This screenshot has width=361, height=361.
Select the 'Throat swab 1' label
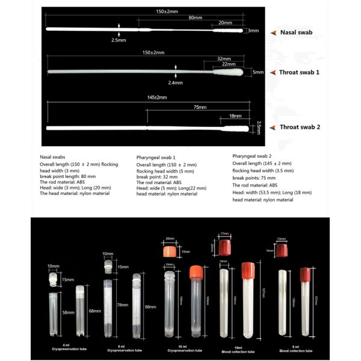pyautogui.click(x=299, y=72)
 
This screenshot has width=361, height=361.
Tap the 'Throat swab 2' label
pyautogui.click(x=299, y=127)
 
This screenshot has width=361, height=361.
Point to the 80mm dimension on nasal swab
pyautogui.click(x=194, y=17)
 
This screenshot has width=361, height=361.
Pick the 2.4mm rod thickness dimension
pyautogui.click(x=175, y=82)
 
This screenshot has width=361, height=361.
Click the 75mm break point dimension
pyautogui.click(x=200, y=107)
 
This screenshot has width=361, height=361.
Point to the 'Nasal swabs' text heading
pyautogui.click(x=54, y=156)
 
